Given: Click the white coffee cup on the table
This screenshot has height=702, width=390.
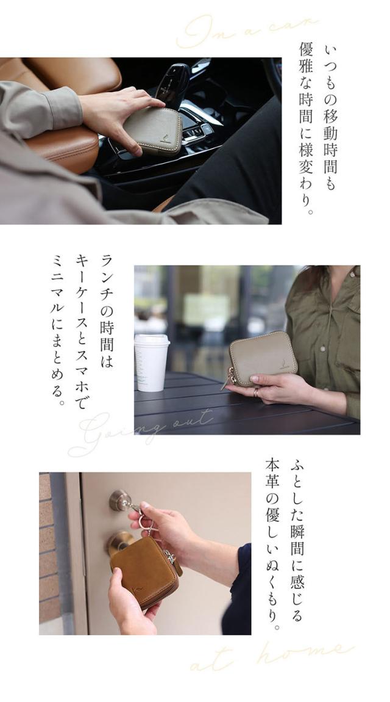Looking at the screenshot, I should pyautogui.click(x=151, y=362).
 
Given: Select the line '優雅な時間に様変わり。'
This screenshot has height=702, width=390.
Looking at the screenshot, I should pyautogui.click(x=307, y=129).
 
